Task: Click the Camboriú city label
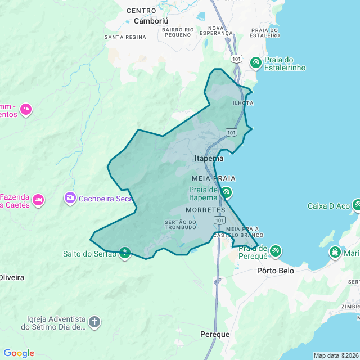point(150,21)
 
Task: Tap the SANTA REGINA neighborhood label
point(125,37)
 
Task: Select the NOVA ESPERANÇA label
point(219,30)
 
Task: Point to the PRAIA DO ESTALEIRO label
point(265,33)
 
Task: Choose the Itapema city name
point(209,159)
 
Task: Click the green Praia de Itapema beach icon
point(226,192)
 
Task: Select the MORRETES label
point(205,210)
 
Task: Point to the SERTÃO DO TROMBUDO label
point(181,224)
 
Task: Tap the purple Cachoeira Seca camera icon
point(70,198)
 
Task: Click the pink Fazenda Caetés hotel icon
point(38,199)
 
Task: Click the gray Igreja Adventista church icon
point(94,322)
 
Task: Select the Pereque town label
point(215,334)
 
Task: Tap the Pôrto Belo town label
point(275,271)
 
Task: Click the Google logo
point(19,353)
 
